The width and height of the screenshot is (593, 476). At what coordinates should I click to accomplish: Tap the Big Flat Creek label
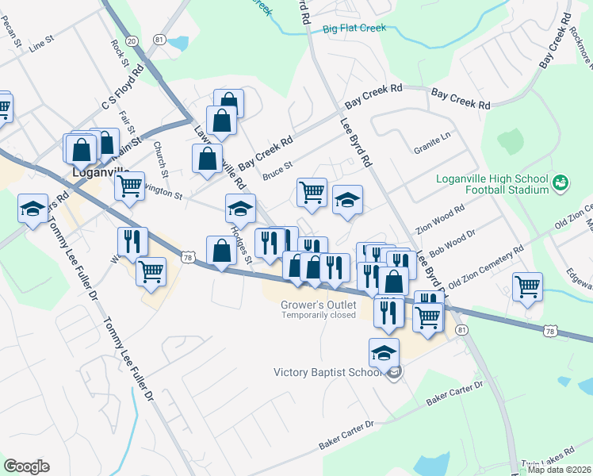coord(354,29)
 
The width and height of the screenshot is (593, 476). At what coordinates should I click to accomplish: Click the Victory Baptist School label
coord(331,372)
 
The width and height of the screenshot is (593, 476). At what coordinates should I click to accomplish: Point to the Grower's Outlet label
coord(319,304)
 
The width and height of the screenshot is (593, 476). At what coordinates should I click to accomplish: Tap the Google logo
coord(26,466)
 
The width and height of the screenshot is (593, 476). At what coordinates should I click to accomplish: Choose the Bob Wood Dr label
coord(451,244)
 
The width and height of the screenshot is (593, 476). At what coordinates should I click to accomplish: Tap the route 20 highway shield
coord(132,40)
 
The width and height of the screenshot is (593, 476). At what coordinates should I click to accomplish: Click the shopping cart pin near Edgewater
coord(527,286)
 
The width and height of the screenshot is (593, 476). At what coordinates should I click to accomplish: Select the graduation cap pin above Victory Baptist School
coord(384,352)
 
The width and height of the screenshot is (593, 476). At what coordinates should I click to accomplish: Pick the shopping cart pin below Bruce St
coord(312,190)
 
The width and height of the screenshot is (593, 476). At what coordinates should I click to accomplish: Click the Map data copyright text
coord(560,469)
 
